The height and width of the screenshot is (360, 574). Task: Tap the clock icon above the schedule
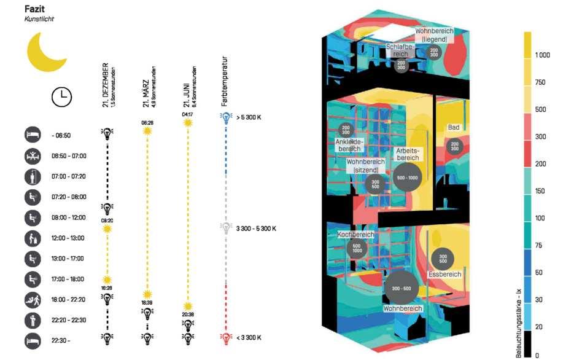(61, 96)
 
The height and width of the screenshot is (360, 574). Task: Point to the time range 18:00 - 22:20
(69, 299)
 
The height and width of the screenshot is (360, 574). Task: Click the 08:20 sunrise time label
(107, 219)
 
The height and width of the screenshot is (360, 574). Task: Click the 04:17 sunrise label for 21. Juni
(188, 114)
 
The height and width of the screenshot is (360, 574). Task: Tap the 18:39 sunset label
(147, 303)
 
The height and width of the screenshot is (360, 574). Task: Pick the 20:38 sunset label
(188, 315)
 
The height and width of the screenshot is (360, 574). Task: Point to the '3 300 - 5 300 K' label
(256, 229)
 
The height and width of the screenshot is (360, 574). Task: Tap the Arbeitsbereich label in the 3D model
(408, 154)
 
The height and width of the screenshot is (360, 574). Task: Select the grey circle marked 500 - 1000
(407, 178)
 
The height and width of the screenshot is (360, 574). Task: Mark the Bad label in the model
(454, 128)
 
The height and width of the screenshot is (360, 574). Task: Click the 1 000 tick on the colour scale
(542, 55)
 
